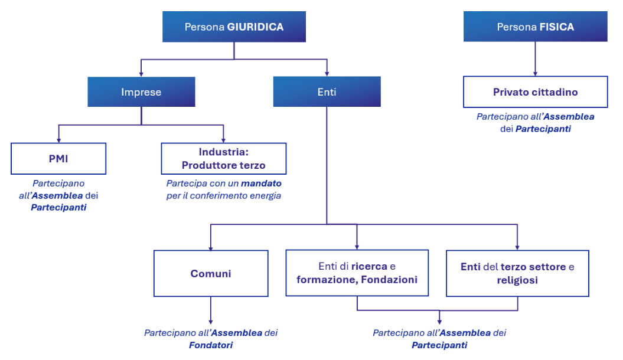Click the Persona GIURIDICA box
(234, 27)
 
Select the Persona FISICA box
(535, 27)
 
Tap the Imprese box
(141, 91)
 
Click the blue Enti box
(327, 91)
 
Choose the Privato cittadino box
(535, 91)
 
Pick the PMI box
(58, 158)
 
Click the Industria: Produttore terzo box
(224, 158)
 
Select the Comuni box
(211, 273)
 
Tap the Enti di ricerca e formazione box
(357, 273)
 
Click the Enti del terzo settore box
(517, 273)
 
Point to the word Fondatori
(211, 345)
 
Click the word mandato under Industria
(261, 184)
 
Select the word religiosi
(517, 280)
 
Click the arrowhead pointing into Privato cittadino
(535, 74)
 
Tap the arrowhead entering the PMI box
(59, 140)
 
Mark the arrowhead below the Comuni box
(211, 322)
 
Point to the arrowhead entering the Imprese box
(141, 74)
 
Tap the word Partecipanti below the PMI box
(58, 207)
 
